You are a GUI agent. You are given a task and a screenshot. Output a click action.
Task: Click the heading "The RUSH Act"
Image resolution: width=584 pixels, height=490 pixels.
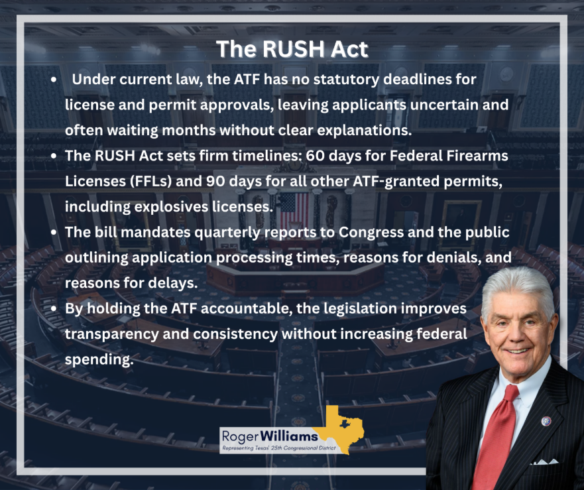292,49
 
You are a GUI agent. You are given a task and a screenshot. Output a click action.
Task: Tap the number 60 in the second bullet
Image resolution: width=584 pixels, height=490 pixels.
315,156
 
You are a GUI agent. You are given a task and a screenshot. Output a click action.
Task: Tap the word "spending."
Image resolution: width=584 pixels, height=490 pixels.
99,360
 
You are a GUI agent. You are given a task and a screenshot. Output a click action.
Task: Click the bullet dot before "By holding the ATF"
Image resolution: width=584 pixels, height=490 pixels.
54,309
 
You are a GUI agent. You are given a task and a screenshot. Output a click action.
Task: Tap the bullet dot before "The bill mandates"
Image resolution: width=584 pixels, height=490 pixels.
54,233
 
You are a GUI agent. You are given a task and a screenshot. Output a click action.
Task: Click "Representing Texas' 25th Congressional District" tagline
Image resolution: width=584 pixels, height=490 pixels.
279,448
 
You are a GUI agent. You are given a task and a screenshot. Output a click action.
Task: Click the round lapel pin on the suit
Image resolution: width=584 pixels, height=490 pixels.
546,422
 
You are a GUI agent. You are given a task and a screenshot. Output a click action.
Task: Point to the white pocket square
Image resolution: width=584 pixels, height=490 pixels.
544,462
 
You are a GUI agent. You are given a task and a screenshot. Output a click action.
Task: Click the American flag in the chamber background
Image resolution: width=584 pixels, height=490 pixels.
294,209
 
